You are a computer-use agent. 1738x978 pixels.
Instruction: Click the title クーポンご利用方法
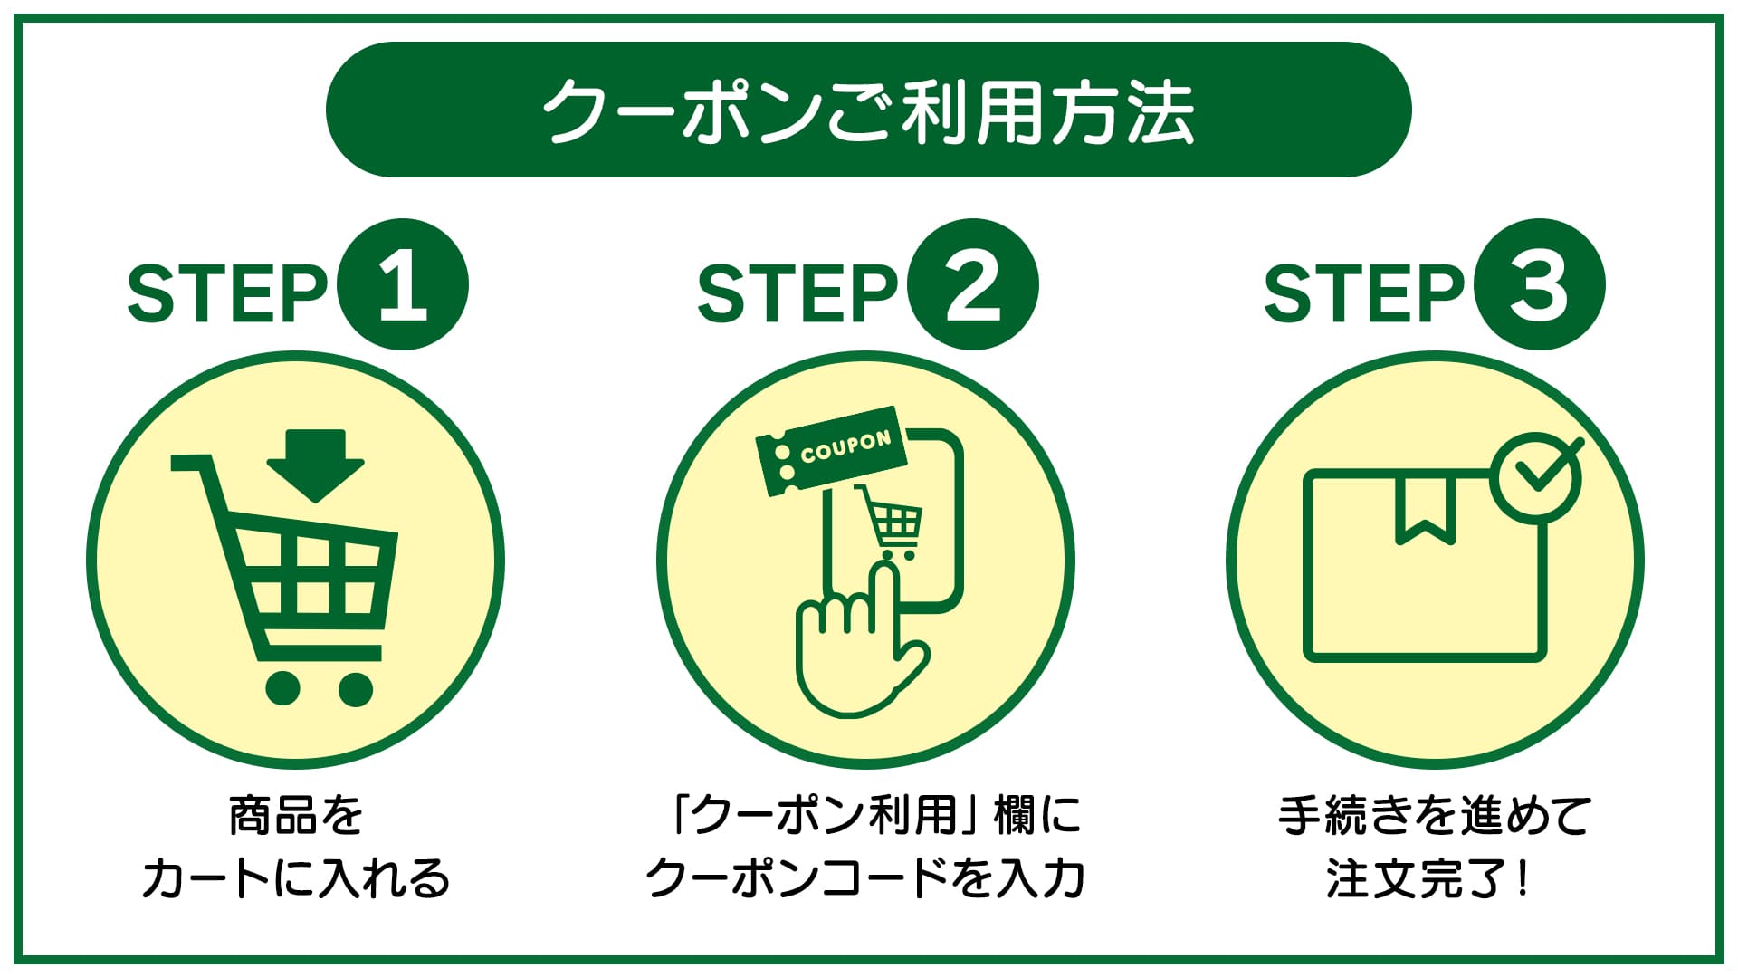click(869, 110)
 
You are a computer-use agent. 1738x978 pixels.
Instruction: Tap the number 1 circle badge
click(403, 284)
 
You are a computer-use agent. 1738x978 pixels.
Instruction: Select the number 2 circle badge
click(973, 284)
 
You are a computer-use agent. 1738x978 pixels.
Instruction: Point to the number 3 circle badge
click(1539, 284)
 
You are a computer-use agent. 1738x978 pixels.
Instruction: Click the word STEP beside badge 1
click(227, 292)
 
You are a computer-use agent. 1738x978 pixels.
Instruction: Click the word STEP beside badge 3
click(1364, 292)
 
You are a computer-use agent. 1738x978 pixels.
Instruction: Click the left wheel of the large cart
click(282, 689)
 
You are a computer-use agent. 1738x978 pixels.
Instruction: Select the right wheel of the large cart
click(355, 689)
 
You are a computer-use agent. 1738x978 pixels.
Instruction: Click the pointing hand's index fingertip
click(883, 570)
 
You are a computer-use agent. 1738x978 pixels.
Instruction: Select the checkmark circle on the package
click(1536, 476)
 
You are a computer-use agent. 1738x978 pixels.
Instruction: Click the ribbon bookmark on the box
click(1426, 510)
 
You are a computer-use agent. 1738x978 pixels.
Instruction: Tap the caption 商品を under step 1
click(296, 815)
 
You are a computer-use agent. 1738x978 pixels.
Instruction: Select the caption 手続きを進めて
click(1435, 815)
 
